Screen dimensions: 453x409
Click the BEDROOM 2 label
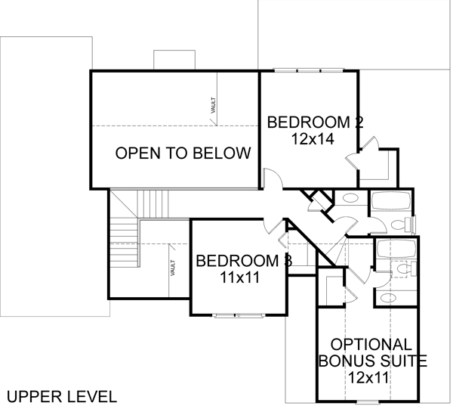point(315,122)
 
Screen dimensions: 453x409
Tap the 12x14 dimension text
point(313,139)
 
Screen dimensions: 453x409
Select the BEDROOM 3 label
point(244,261)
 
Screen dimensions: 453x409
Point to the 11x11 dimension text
point(240,277)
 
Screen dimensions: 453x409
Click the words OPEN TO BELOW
point(183,153)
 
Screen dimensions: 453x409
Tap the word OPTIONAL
point(371,345)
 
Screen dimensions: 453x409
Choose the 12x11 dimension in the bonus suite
point(368,377)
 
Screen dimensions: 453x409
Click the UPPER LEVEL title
point(62,397)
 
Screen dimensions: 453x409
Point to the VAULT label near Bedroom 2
point(214,105)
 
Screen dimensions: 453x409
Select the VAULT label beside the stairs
point(173,268)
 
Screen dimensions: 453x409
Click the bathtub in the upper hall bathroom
point(391,201)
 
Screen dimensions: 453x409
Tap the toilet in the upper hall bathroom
point(402,225)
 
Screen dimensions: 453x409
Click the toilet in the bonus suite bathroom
point(406,268)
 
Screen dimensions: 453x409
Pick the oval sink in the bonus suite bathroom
point(389,297)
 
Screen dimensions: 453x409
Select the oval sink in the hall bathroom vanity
point(350,198)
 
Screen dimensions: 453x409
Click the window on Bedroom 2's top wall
point(309,70)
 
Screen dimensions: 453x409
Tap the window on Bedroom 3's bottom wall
point(239,315)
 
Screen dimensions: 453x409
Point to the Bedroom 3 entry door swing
point(272,225)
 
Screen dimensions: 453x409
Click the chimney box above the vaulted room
point(174,60)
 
